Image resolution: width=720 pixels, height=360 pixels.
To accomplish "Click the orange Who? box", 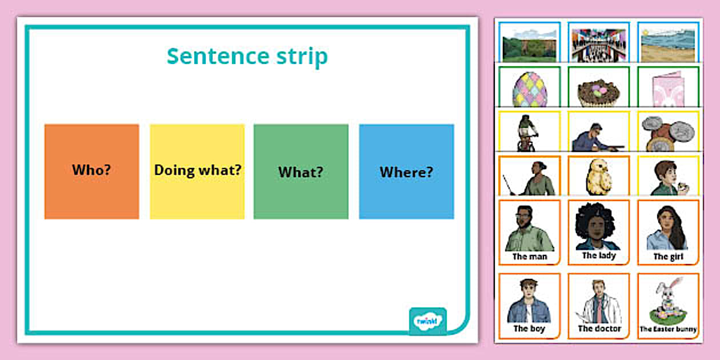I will click(x=91, y=171).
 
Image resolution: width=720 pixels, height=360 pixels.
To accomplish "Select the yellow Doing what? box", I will click(x=197, y=171).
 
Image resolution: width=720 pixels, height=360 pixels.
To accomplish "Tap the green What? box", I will click(x=301, y=171).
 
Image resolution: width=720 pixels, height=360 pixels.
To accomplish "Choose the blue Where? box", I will click(x=406, y=171).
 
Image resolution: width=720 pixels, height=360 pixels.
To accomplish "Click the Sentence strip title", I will click(x=247, y=57).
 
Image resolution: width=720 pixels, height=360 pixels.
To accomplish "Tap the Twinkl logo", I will click(x=427, y=321).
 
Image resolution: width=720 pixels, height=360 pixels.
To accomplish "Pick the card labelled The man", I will click(x=530, y=232).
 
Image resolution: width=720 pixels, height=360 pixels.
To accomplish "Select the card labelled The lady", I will click(x=598, y=232).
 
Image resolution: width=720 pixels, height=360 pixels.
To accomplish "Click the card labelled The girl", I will click(x=668, y=232).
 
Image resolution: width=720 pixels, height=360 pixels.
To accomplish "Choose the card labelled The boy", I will click(x=530, y=306).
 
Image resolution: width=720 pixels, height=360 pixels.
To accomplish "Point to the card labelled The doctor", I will click(x=598, y=306).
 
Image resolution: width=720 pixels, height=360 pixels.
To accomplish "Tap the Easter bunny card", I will click(x=668, y=306).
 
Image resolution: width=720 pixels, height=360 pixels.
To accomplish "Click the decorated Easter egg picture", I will click(x=530, y=90).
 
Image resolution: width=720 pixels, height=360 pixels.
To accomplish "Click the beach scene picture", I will click(x=668, y=45).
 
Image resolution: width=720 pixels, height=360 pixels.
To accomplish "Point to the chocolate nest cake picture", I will click(x=598, y=91).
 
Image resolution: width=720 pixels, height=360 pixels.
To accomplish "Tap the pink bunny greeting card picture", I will click(x=668, y=91).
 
